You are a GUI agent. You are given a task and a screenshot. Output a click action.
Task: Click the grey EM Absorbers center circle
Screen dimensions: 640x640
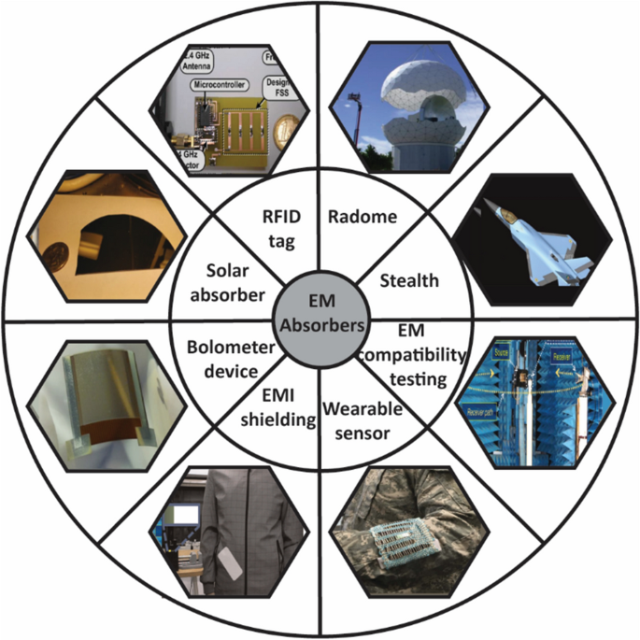click(320, 320)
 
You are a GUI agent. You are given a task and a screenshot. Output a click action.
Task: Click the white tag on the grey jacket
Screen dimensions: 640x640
click(226, 562)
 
